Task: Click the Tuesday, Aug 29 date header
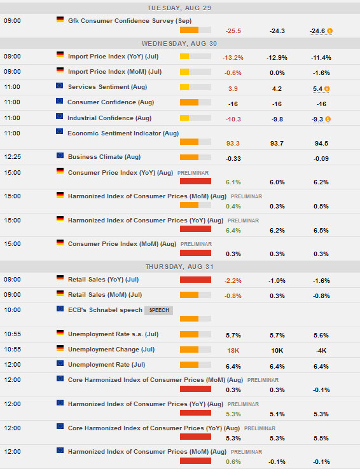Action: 180,8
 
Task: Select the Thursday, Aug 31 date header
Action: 180,266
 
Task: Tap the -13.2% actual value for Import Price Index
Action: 233,57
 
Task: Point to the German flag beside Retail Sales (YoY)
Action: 60,278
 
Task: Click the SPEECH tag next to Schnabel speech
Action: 158,310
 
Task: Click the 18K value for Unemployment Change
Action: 233,350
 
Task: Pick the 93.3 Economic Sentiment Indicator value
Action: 233,143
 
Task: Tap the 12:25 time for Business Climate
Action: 12,156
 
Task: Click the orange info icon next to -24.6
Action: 329,31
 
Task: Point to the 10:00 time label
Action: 12,309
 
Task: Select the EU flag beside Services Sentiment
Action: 60,86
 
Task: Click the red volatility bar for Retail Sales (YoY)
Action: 195,279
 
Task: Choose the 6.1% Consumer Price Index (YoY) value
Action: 233,182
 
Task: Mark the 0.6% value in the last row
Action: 233,461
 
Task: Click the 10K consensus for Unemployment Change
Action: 277,350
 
